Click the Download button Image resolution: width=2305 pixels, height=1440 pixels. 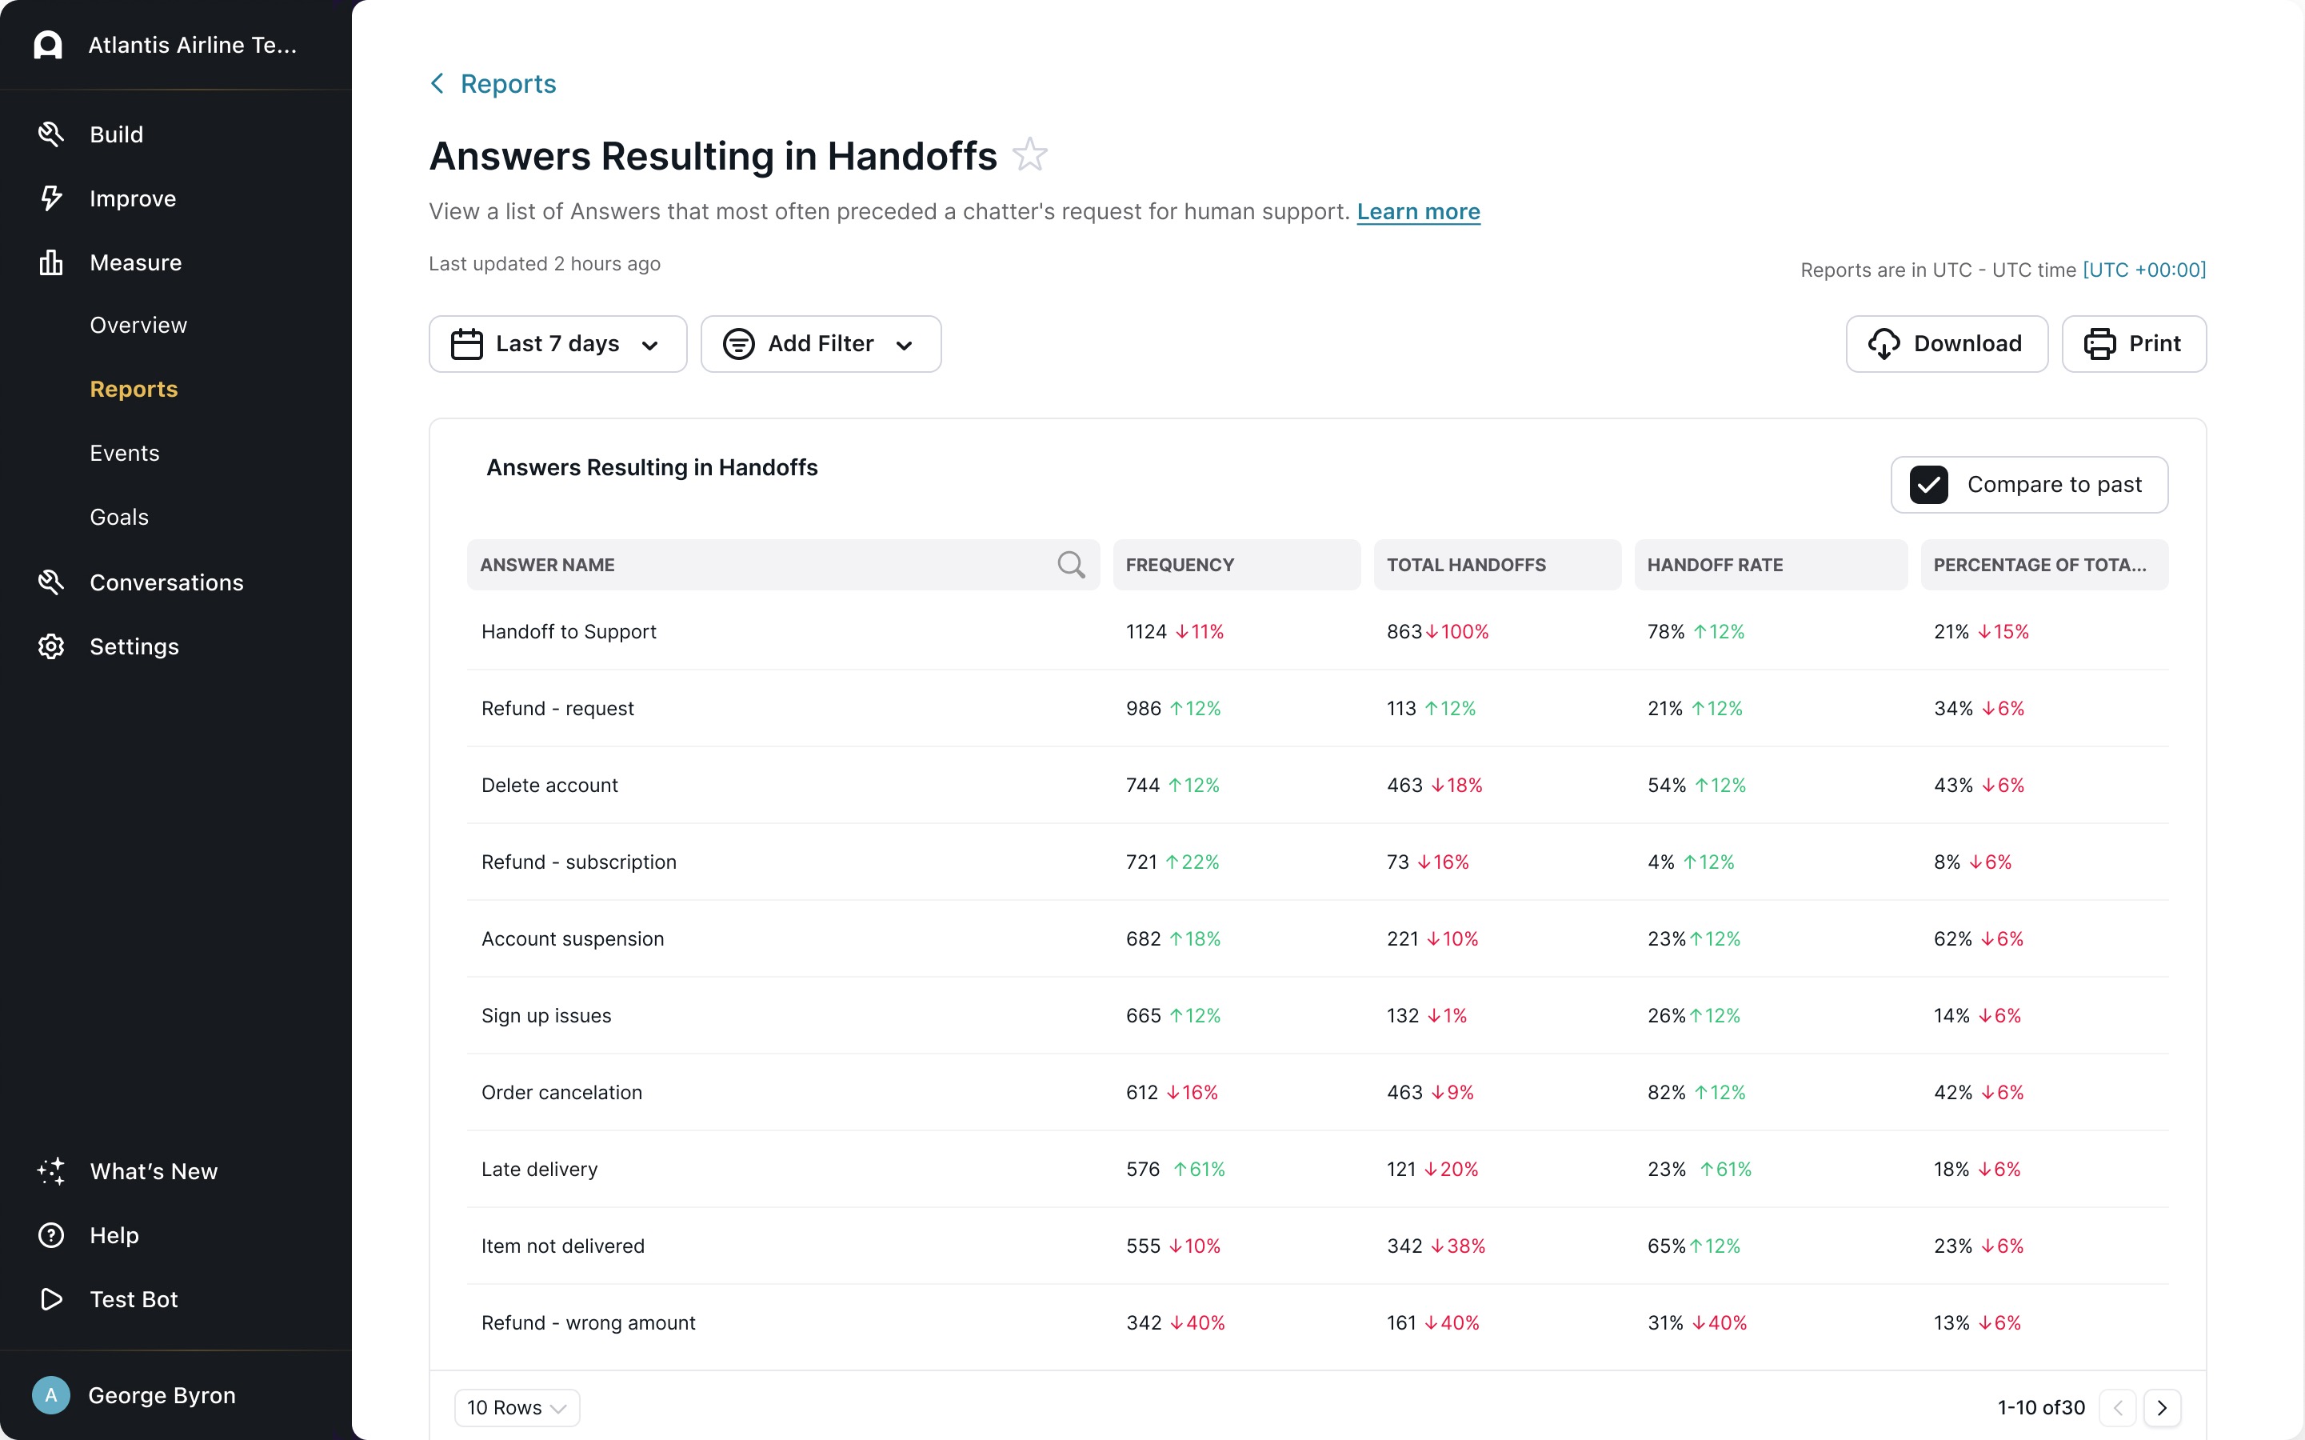point(1946,344)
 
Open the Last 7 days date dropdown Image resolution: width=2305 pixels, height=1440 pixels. point(557,344)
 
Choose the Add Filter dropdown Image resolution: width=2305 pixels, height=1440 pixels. point(821,344)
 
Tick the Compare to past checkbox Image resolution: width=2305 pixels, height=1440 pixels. point(1929,485)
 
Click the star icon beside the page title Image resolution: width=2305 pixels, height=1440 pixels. point(1029,155)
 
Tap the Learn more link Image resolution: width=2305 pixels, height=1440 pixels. point(1418,211)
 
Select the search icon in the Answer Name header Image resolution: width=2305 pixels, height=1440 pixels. point(1070,565)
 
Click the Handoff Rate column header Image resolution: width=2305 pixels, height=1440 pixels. point(1715,565)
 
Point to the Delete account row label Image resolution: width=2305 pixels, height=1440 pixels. point(549,785)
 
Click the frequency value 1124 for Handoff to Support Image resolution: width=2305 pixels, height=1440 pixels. point(1145,631)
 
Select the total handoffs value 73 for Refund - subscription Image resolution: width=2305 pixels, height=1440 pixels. point(1396,862)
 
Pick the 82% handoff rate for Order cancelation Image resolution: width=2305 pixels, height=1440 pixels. point(1665,1092)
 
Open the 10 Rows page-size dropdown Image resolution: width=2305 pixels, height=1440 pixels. point(517,1408)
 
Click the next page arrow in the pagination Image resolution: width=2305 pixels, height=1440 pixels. point(2161,1408)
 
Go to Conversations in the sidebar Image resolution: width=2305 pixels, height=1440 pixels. point(166,583)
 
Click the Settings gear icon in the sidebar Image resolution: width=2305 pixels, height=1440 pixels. point(50,646)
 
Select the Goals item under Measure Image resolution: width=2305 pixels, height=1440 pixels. point(119,517)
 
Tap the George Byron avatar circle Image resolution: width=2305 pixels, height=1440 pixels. point(50,1395)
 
